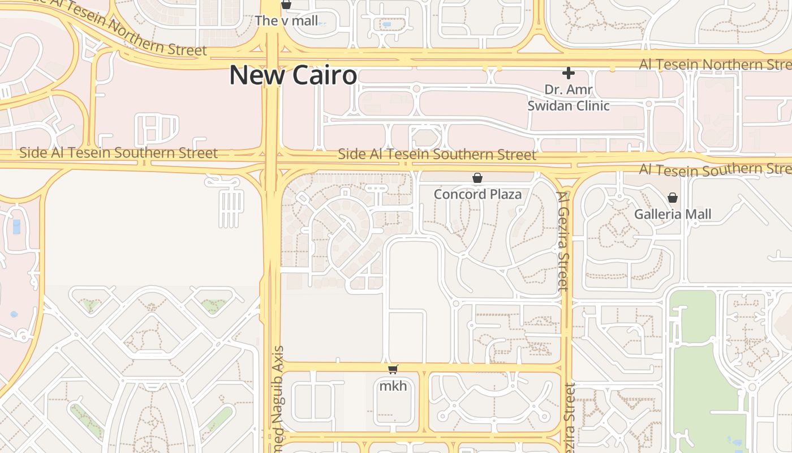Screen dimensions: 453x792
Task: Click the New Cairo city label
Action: pos(292,75)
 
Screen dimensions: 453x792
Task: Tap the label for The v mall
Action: pos(286,21)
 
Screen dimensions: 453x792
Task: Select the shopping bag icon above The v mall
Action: pos(286,5)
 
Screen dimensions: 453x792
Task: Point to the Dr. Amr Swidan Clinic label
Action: pos(568,97)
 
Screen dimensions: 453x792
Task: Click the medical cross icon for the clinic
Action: pos(568,73)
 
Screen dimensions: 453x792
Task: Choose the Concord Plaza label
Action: pos(477,194)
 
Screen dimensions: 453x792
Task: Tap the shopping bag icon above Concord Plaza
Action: pos(477,178)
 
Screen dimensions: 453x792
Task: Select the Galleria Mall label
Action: pos(672,214)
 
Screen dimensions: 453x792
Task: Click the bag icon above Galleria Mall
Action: pos(672,198)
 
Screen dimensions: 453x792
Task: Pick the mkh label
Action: pos(393,386)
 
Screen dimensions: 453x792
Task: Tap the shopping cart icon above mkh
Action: pos(393,370)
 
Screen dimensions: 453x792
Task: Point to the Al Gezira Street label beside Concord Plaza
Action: pos(563,241)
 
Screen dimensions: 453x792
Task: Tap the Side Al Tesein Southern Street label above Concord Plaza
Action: pos(437,154)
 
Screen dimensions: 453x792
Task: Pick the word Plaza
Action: pos(506,194)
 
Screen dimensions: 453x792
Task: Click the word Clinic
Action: pos(592,105)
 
